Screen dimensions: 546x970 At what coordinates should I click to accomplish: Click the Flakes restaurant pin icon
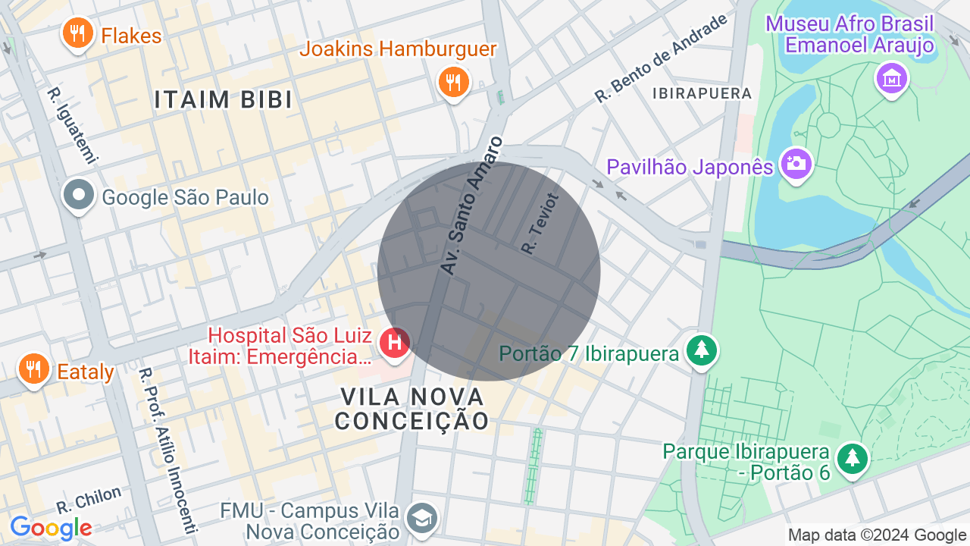click(x=77, y=34)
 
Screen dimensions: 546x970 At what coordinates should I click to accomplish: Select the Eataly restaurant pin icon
click(x=33, y=369)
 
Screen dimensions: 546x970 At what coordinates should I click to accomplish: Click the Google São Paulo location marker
click(x=78, y=196)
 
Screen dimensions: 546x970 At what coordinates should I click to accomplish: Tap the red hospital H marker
click(x=394, y=343)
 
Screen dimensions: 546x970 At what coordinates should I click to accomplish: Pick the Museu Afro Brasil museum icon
click(x=892, y=78)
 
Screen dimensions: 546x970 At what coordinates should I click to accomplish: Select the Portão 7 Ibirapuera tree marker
click(x=702, y=350)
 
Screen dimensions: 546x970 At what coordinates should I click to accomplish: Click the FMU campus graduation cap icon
click(x=421, y=519)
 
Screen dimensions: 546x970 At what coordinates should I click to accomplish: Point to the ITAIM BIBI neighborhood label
click(x=223, y=99)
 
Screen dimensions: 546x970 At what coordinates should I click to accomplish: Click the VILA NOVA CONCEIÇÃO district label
click(x=412, y=408)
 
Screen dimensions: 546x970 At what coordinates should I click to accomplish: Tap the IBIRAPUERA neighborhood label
click(x=702, y=93)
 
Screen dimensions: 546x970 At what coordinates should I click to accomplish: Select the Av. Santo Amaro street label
click(x=471, y=206)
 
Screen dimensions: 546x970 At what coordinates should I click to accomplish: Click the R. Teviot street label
click(x=540, y=223)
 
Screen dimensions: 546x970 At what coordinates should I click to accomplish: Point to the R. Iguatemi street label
click(x=73, y=126)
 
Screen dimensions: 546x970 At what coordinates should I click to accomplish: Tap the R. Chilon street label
click(x=89, y=500)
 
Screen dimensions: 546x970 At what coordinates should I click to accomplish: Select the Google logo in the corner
click(x=51, y=527)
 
